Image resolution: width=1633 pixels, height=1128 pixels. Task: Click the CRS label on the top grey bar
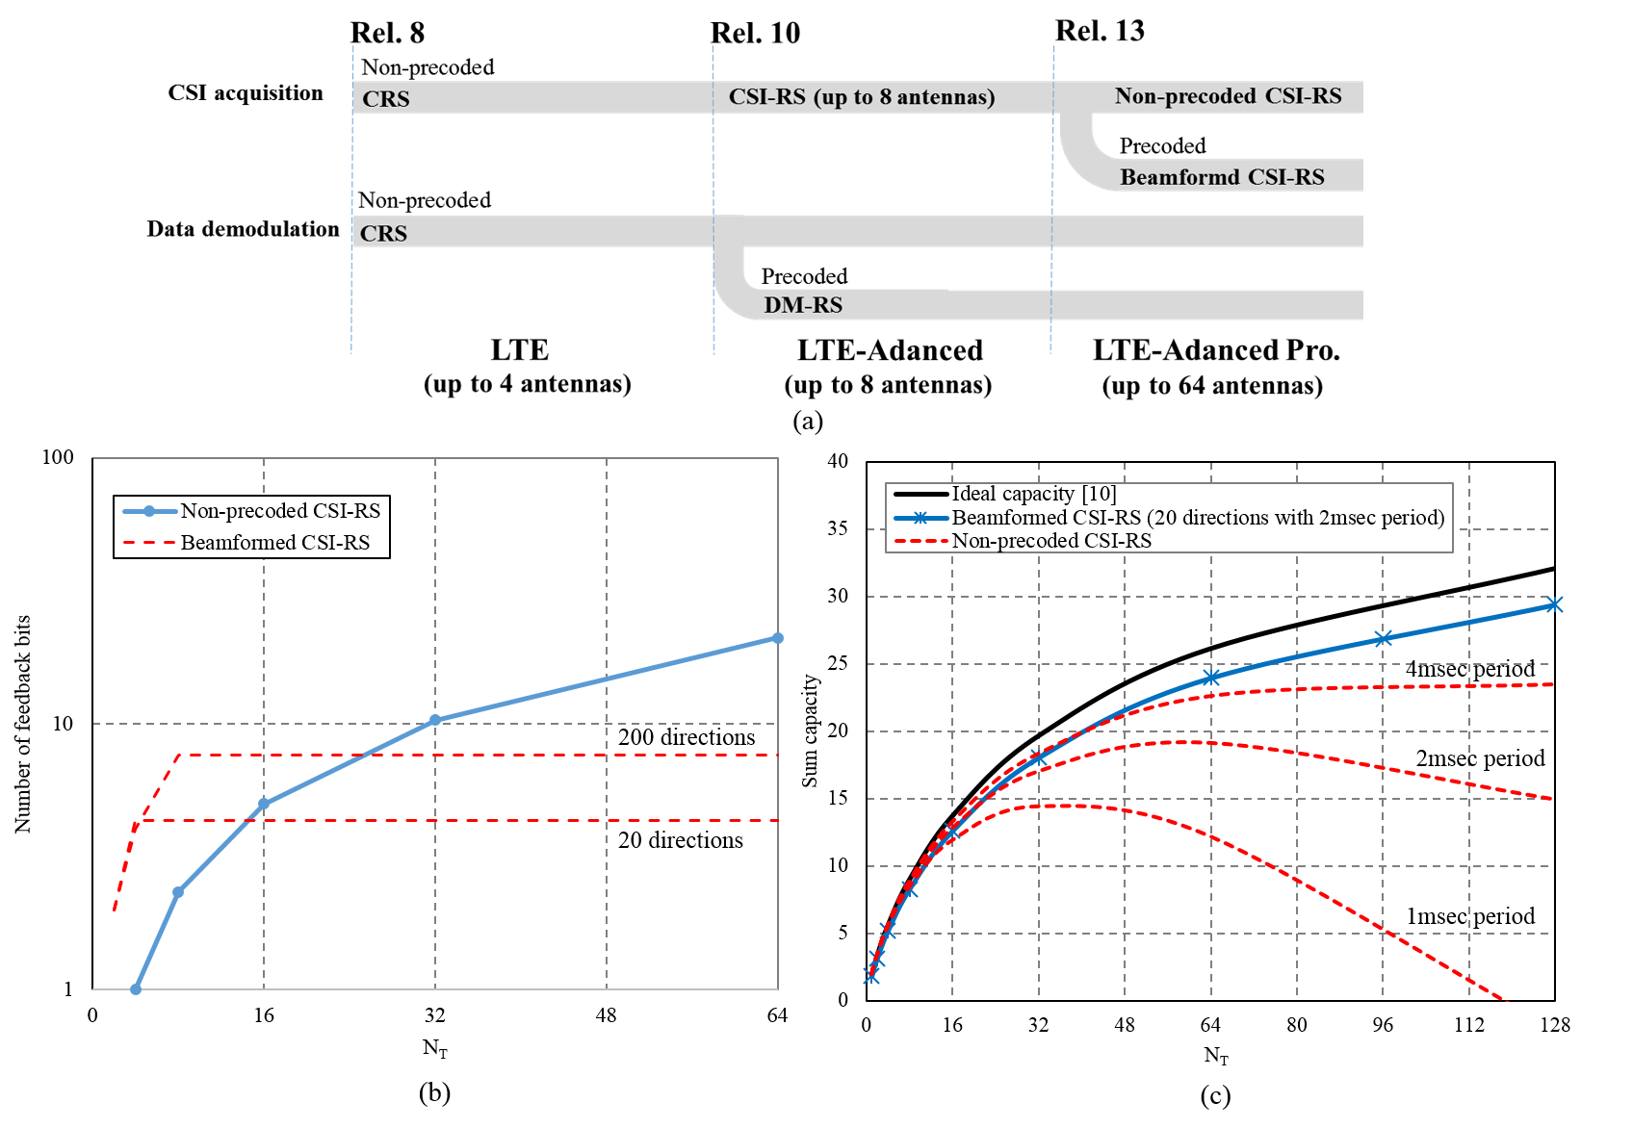pyautogui.click(x=386, y=99)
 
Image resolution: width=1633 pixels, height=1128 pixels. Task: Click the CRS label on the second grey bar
pyautogui.click(x=383, y=234)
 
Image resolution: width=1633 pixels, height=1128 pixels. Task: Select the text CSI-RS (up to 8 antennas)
pyautogui.click(x=862, y=97)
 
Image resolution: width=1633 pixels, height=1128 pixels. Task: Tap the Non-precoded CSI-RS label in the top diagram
pyautogui.click(x=1228, y=96)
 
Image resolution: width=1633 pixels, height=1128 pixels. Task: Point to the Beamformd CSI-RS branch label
pyautogui.click(x=1222, y=177)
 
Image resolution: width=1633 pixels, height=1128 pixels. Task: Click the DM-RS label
pyautogui.click(x=803, y=305)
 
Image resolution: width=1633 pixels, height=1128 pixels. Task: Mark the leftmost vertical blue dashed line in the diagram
pyautogui.click(x=352, y=192)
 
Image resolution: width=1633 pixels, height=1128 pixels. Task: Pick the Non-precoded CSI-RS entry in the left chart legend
pyautogui.click(x=279, y=511)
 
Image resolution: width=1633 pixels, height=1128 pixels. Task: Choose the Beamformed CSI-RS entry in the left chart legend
pyautogui.click(x=274, y=543)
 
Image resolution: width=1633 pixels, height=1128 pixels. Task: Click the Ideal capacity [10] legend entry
pyautogui.click(x=1033, y=494)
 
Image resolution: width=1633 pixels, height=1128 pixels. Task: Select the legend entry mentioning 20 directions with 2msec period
pyautogui.click(x=1197, y=518)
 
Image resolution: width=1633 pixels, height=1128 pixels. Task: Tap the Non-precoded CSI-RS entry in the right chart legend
pyautogui.click(x=1050, y=541)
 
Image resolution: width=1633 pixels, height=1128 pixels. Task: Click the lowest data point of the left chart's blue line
pyautogui.click(x=136, y=989)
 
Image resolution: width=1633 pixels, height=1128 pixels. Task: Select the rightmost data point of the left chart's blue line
pyautogui.click(x=778, y=638)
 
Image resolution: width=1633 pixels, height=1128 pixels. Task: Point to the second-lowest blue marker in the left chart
pyautogui.click(x=178, y=892)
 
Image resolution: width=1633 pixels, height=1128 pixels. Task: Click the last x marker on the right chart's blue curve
pyautogui.click(x=1554, y=604)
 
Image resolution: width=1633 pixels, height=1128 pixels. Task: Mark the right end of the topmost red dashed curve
pyautogui.click(x=1551, y=684)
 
